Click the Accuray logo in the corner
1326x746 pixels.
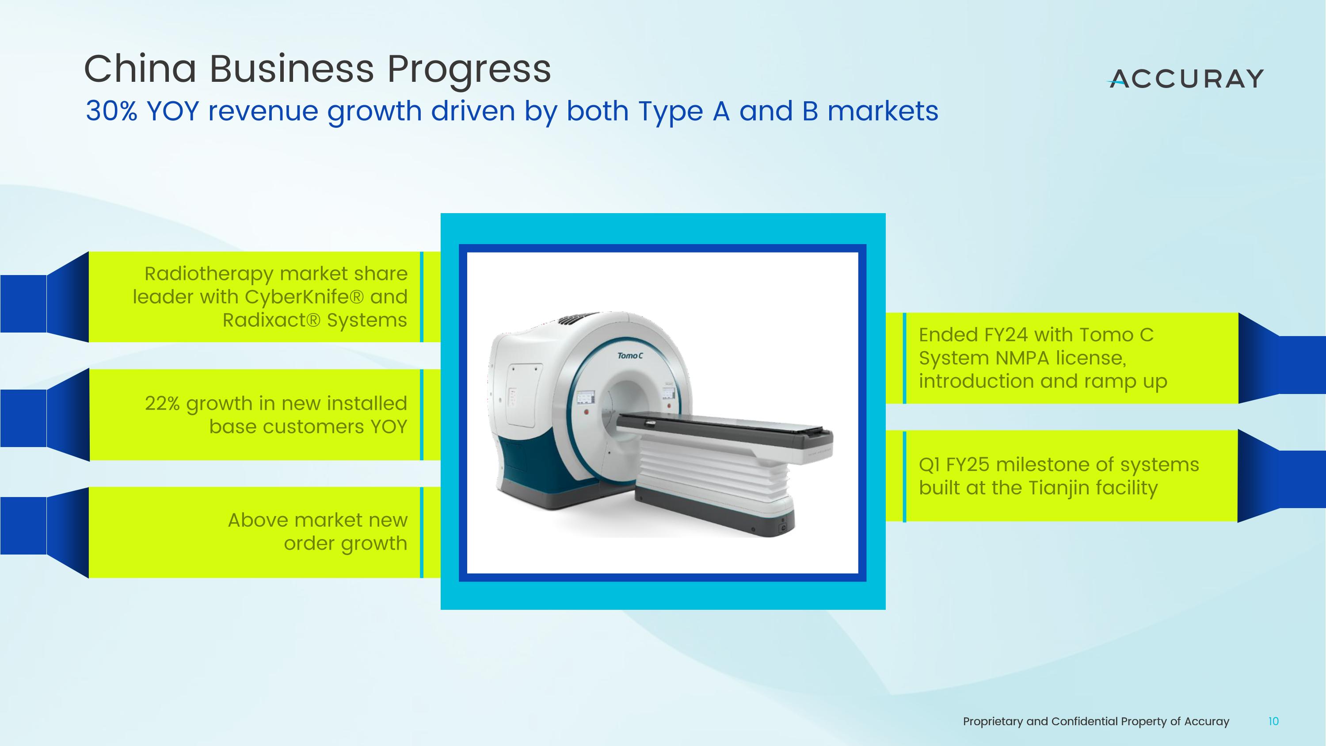point(1185,79)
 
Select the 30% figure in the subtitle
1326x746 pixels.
point(111,111)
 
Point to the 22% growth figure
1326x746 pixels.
point(162,403)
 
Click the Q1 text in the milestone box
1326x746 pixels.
point(929,465)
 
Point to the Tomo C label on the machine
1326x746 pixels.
point(630,356)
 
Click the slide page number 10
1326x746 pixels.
point(1273,722)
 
